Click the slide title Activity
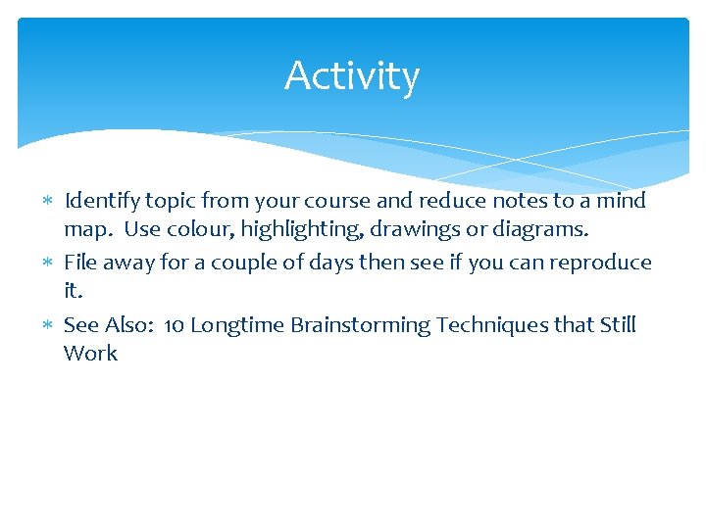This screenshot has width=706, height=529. click(x=352, y=76)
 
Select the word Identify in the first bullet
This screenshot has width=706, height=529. click(x=101, y=202)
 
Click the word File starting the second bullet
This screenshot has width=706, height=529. click(x=80, y=263)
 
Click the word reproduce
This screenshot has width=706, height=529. click(x=601, y=264)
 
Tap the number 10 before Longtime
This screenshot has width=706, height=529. click(x=174, y=325)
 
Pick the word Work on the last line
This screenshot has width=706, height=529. click(x=90, y=354)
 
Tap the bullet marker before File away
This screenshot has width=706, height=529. click(x=49, y=264)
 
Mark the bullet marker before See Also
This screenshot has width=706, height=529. click(x=49, y=326)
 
